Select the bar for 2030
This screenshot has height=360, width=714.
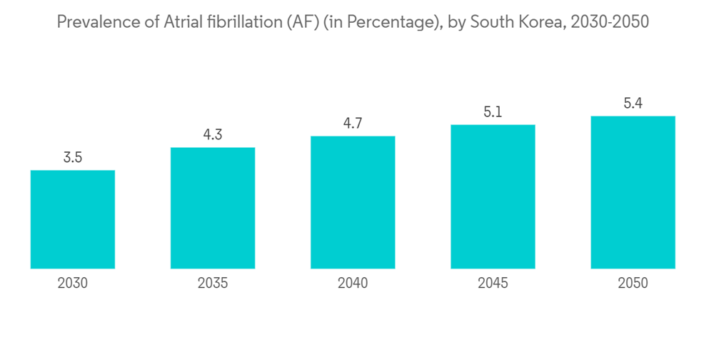[73, 219]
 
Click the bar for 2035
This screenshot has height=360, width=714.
[213, 208]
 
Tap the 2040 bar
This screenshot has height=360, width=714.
[353, 202]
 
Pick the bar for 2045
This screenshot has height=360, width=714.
[493, 196]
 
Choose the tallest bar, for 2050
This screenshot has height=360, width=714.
[633, 192]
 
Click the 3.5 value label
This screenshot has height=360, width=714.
[73, 158]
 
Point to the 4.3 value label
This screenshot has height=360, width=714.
[213, 135]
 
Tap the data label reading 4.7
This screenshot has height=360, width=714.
[353, 124]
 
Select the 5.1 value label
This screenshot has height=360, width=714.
[493, 112]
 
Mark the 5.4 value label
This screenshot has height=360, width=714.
[633, 104]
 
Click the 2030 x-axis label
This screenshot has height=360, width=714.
[73, 284]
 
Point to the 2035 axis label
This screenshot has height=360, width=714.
[213, 284]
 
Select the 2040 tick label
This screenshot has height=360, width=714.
[353, 284]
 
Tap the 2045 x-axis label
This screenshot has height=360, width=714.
[493, 284]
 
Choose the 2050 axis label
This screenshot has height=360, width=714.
[633, 284]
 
